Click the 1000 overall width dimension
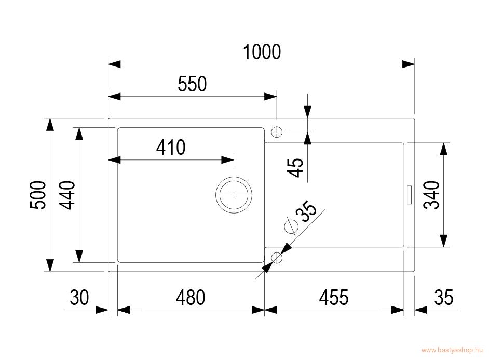(x=262, y=52)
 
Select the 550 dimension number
(x=192, y=84)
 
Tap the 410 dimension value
(x=171, y=148)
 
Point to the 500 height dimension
(x=38, y=195)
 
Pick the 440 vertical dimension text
(x=67, y=195)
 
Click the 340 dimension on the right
(x=431, y=195)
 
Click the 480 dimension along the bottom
(x=190, y=297)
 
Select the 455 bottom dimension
(x=334, y=297)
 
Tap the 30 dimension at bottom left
(x=79, y=297)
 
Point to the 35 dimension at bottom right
(x=444, y=297)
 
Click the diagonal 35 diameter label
(x=306, y=211)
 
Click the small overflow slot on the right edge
(x=409, y=195)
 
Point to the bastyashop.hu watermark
(x=452, y=350)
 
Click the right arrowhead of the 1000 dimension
(x=409, y=64)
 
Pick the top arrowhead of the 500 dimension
(x=49, y=125)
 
